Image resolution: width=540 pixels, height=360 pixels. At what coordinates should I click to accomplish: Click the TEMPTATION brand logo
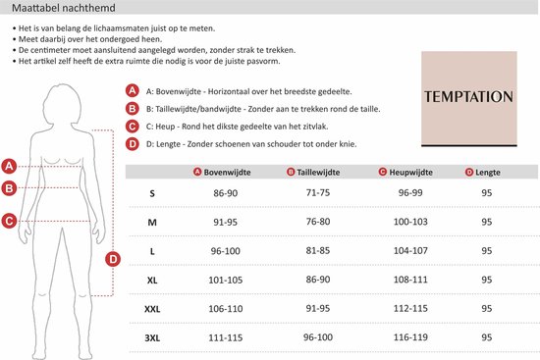click(469, 99)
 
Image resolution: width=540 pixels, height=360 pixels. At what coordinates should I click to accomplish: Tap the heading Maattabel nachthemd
click(64, 8)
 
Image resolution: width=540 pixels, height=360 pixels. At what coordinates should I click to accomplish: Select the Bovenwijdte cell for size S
click(226, 193)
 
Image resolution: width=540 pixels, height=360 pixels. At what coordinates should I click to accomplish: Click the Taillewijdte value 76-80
click(318, 222)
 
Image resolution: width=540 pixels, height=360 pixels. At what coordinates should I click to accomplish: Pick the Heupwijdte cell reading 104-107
click(410, 250)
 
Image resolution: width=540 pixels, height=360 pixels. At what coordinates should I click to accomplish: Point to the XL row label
click(152, 281)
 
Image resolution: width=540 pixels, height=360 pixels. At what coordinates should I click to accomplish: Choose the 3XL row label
click(152, 338)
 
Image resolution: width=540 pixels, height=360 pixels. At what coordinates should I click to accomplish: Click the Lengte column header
click(483, 172)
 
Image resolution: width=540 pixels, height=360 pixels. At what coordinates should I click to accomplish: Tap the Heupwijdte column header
click(405, 172)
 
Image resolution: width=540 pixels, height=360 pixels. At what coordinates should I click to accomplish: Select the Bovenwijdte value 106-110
click(226, 309)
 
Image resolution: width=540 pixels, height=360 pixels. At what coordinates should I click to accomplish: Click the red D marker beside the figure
click(113, 259)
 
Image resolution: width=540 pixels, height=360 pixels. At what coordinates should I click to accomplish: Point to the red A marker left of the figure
click(9, 166)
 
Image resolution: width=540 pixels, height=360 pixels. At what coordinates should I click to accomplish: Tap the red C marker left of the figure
click(9, 221)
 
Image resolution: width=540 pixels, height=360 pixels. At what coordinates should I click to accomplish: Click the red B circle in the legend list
click(132, 109)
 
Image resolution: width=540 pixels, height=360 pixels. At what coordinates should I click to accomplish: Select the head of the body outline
click(64, 103)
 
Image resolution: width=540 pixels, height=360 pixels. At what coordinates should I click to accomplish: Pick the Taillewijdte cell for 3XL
click(318, 337)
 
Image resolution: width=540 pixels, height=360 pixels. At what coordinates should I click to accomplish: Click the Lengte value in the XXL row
click(487, 308)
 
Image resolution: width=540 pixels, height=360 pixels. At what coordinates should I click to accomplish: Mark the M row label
click(152, 223)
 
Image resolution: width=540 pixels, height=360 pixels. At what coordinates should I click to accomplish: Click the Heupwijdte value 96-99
click(410, 192)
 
